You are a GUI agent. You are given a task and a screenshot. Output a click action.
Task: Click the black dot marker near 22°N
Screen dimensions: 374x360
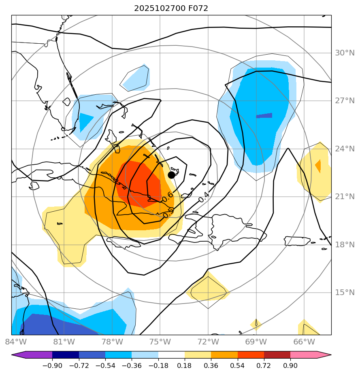coord(171,175)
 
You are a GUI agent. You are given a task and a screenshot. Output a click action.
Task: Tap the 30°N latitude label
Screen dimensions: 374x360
coord(345,53)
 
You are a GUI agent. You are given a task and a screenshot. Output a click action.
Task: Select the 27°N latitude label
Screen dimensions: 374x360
coord(345,101)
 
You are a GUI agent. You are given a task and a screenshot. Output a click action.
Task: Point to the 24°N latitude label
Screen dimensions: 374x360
coord(345,149)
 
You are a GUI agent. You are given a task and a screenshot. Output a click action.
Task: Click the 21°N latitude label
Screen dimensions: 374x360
coord(345,197)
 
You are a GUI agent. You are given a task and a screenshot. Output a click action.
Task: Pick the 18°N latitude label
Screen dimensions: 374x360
coord(345,244)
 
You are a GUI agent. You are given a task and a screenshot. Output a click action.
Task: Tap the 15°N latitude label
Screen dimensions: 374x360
coord(345,292)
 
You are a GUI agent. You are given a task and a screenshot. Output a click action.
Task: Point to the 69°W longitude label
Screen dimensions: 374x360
coord(256,342)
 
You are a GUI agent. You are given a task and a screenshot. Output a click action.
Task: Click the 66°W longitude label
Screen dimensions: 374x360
coord(304,342)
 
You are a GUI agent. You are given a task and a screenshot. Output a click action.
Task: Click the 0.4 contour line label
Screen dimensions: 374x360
coord(204,197)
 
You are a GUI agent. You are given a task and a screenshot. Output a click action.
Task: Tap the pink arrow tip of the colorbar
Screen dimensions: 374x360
coord(324,355)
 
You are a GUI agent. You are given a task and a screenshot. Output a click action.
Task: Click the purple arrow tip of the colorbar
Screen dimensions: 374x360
coord(19,355)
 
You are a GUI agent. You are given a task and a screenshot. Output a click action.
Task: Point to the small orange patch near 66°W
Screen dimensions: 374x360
coord(318,166)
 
